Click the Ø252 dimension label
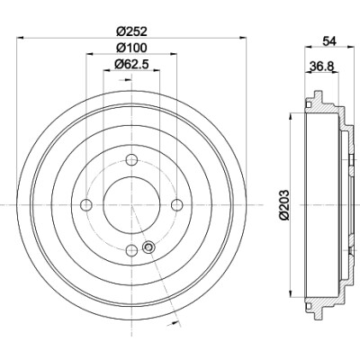131,31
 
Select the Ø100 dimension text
131,48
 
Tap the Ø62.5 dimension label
131,64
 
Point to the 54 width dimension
329,41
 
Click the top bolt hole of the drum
131,159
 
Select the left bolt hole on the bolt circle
86,205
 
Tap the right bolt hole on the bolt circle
176,205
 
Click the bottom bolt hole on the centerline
131,249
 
